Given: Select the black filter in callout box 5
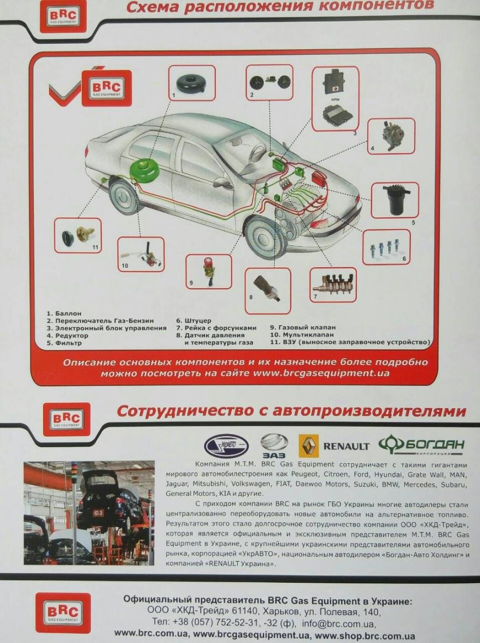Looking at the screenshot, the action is tap(395, 199).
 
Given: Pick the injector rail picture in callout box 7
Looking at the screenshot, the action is tap(333, 283).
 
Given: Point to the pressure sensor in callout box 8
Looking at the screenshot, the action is tap(267, 288).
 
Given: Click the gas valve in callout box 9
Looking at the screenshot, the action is tap(208, 270).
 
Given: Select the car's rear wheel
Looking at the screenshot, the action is tap(123, 197).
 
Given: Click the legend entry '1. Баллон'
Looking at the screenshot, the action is tap(64, 313).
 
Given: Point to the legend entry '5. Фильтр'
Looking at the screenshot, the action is tap(64, 343).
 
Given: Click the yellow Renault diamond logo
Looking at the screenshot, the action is tap(308, 446).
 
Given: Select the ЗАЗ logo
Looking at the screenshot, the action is tap(274, 446).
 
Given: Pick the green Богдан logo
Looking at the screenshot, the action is tap(421, 444).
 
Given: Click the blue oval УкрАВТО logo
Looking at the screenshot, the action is tap(226, 446).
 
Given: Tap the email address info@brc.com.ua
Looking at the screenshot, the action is tap(338, 624).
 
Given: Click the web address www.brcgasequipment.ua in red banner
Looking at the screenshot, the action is tap(321, 373).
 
